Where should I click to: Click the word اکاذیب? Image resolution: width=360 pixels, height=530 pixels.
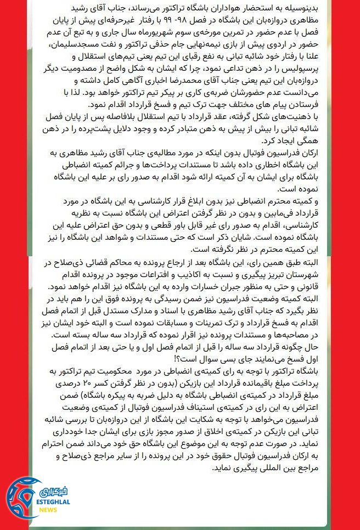tap(178, 277)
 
